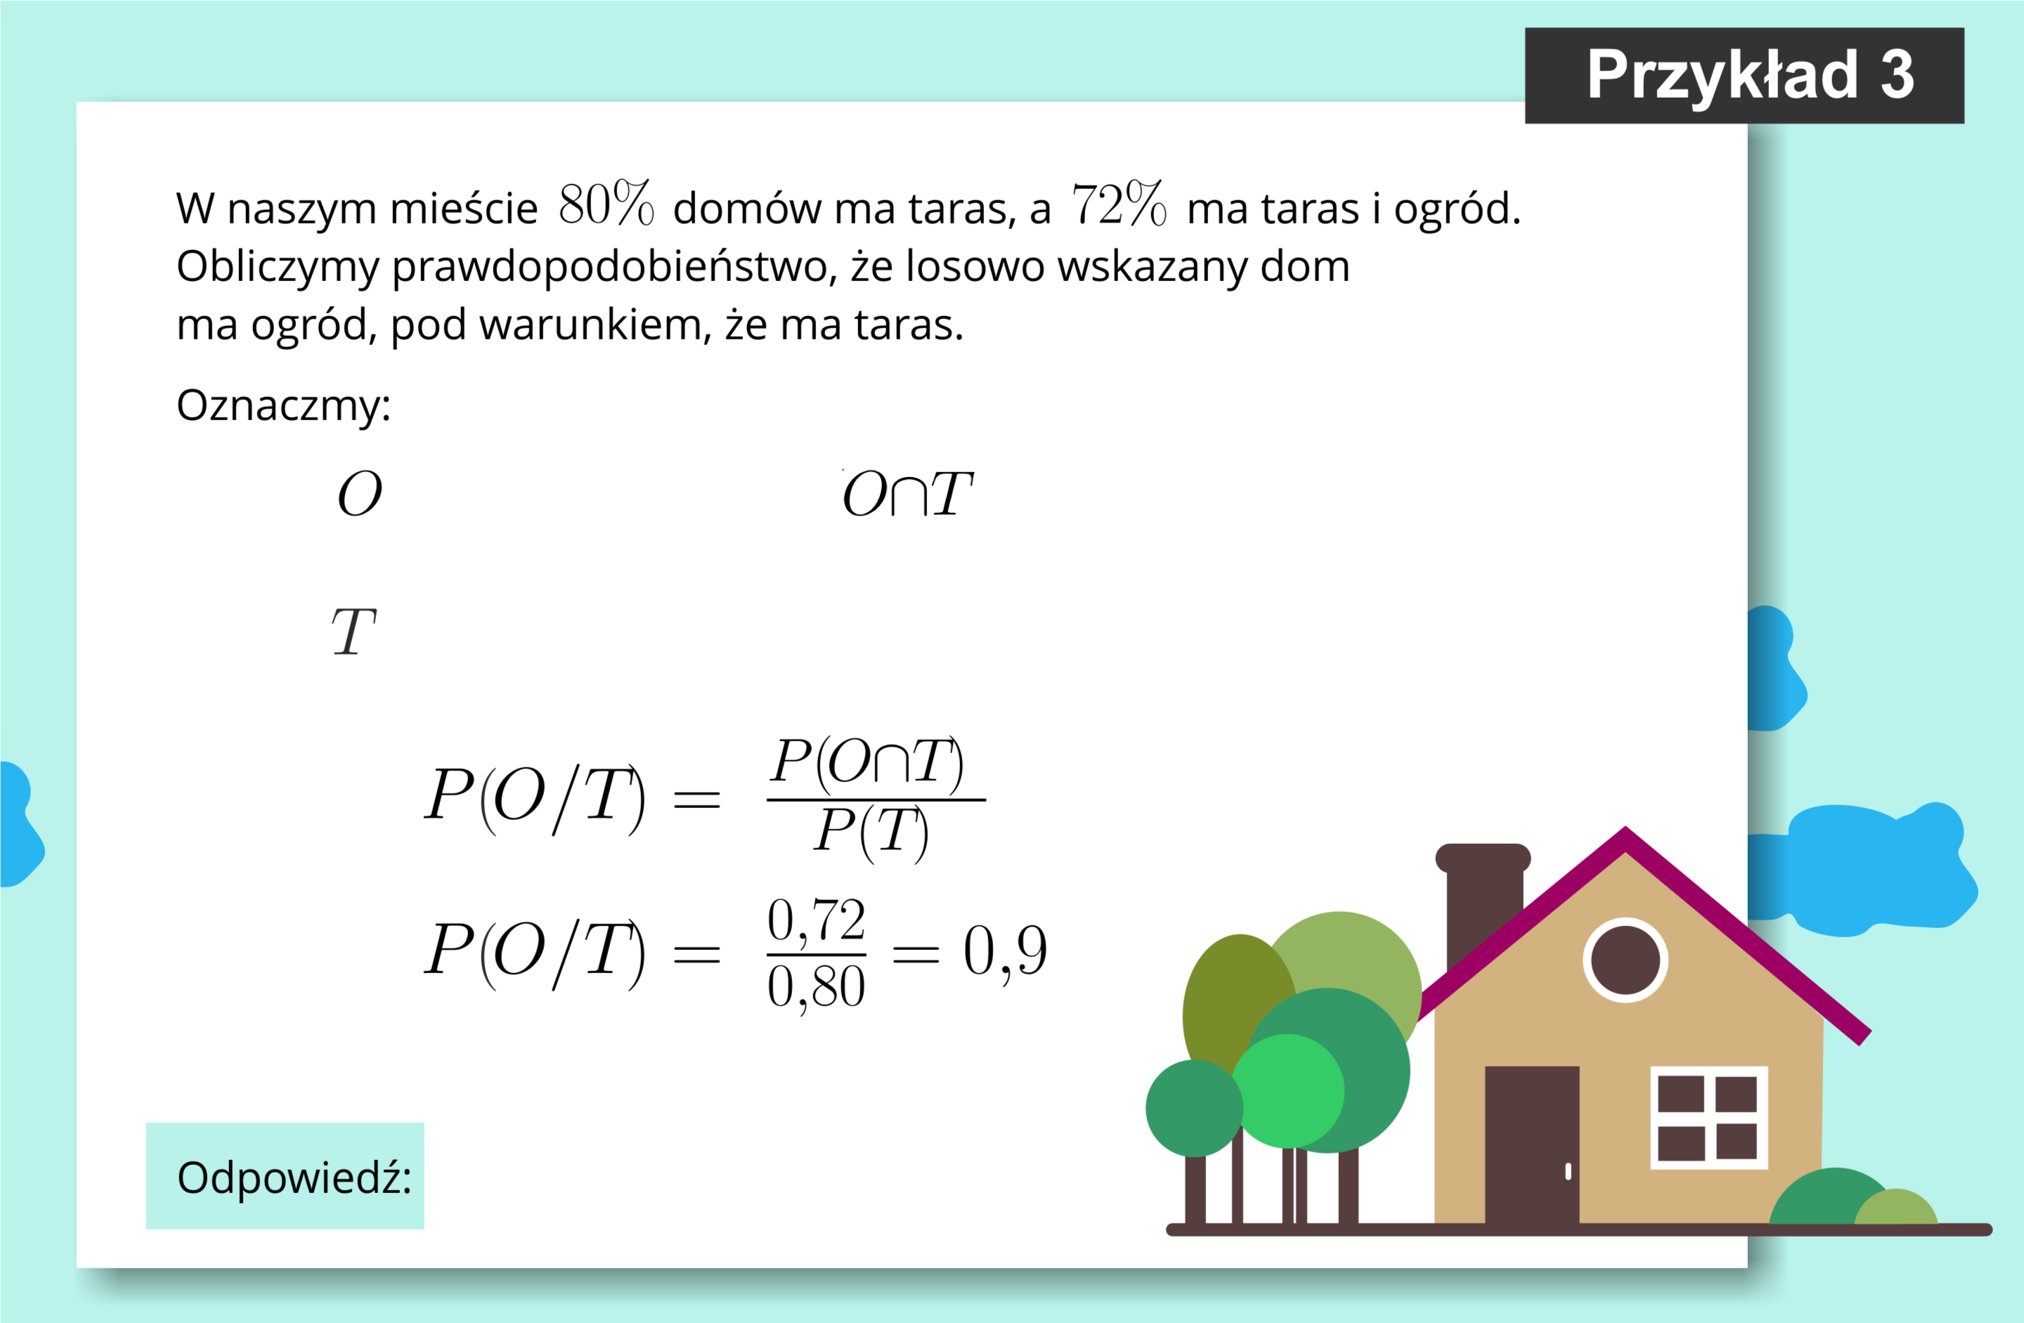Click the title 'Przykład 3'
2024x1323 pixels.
point(1749,76)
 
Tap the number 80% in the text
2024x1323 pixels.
point(606,203)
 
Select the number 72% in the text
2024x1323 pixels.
point(1118,203)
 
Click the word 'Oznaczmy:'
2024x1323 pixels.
point(283,405)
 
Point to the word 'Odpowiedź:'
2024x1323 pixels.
point(294,1178)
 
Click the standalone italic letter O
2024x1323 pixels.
point(360,494)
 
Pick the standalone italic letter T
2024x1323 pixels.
point(353,632)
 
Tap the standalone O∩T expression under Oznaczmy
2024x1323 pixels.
point(907,494)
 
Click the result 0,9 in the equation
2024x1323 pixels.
point(1005,951)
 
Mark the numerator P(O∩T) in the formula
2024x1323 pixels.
point(867,763)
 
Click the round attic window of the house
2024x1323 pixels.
point(1625,960)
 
